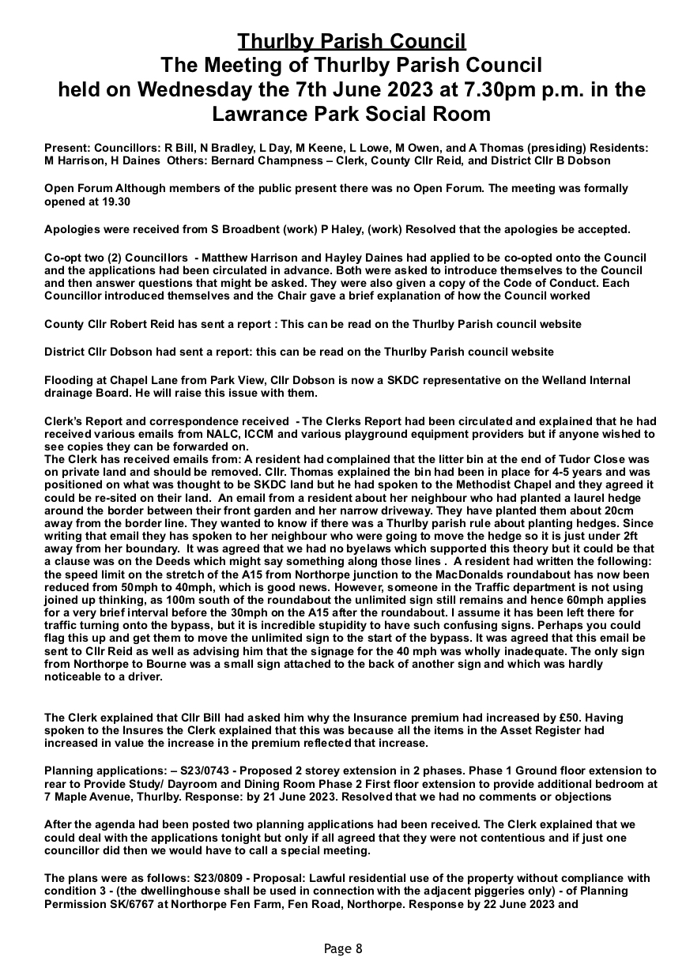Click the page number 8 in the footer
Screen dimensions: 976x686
click(359, 949)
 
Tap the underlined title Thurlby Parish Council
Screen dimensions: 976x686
click(352, 41)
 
